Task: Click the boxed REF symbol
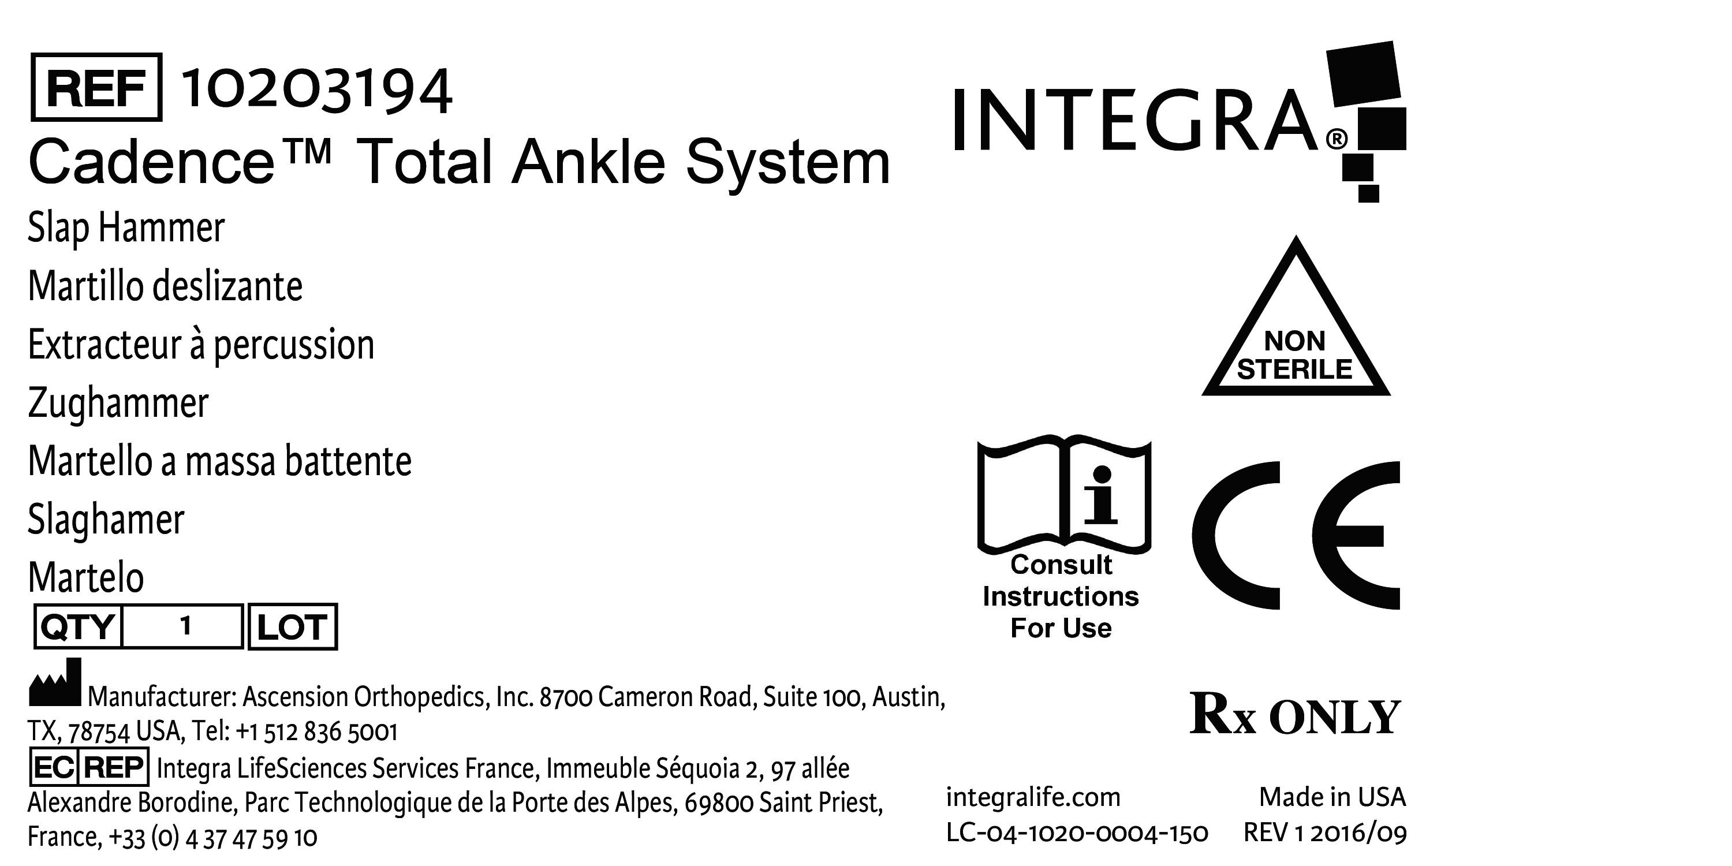[x=96, y=87]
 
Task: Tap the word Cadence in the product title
[x=152, y=162]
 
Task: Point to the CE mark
[x=1295, y=535]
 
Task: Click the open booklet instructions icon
[x=1063, y=498]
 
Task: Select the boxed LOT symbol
[x=293, y=626]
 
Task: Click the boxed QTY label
[x=78, y=626]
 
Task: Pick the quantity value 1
[x=185, y=626]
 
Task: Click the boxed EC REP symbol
[x=89, y=767]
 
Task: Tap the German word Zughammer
[x=118, y=403]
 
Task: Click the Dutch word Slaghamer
[x=106, y=520]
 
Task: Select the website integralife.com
[x=1033, y=797]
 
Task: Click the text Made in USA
[x=1332, y=797]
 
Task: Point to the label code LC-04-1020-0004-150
[x=1077, y=833]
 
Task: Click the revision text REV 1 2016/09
[x=1324, y=833]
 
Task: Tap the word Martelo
[x=86, y=577]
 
